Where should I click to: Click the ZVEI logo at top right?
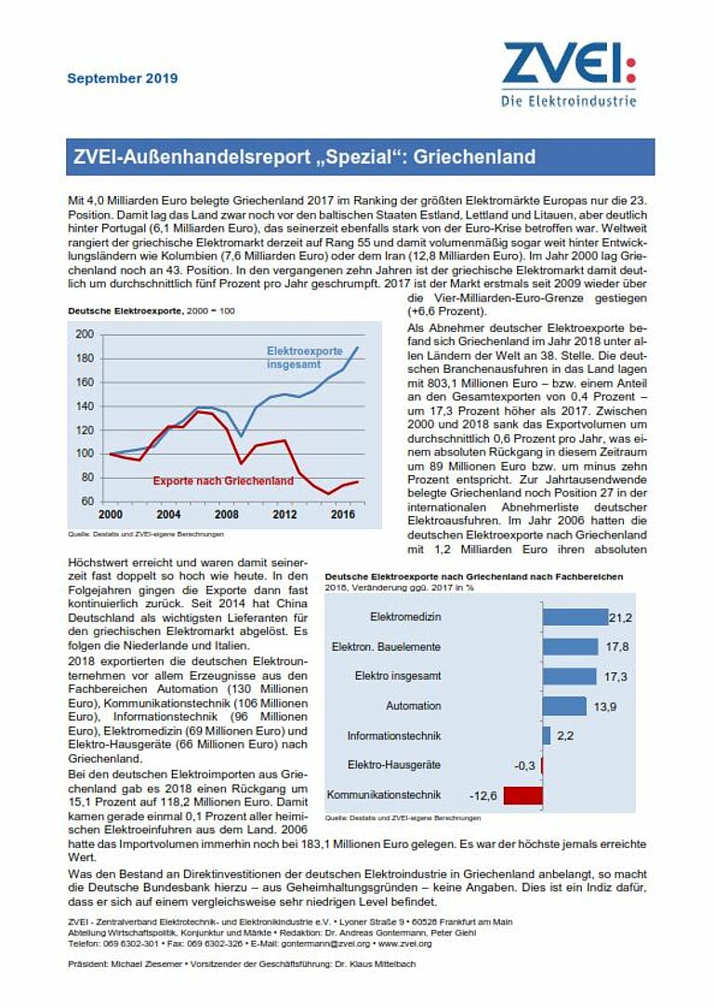click(569, 74)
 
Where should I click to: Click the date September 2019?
click(122, 78)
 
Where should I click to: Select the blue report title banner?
click(362, 157)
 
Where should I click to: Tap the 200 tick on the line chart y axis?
click(85, 334)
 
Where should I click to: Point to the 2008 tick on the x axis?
click(227, 514)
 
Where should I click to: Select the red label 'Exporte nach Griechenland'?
click(223, 481)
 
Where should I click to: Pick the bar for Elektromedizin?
click(574, 617)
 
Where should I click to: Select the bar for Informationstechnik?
click(548, 736)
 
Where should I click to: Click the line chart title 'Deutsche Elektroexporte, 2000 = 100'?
click(150, 310)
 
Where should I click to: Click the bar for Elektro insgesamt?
click(569, 676)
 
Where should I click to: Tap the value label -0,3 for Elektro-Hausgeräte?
click(525, 765)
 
